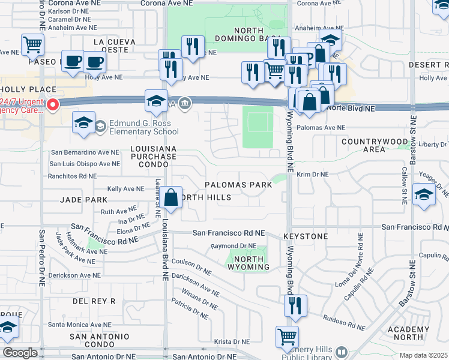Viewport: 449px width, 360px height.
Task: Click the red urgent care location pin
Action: click(x=53, y=106)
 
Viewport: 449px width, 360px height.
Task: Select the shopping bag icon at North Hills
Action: click(x=171, y=197)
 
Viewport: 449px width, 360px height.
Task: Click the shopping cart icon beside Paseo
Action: click(x=32, y=44)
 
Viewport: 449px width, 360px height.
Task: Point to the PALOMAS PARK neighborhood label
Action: click(x=238, y=185)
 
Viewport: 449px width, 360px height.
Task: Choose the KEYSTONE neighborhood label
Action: click(x=305, y=236)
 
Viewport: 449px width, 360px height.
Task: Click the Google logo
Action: click(x=20, y=353)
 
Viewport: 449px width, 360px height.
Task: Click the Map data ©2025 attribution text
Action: click(x=423, y=355)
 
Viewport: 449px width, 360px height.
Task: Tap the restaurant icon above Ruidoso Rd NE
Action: click(x=295, y=305)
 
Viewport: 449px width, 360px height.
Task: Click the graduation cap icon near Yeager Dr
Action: click(x=424, y=196)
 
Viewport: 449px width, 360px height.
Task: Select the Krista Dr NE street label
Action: click(x=232, y=341)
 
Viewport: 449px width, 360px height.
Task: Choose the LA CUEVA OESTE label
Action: click(x=119, y=46)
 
